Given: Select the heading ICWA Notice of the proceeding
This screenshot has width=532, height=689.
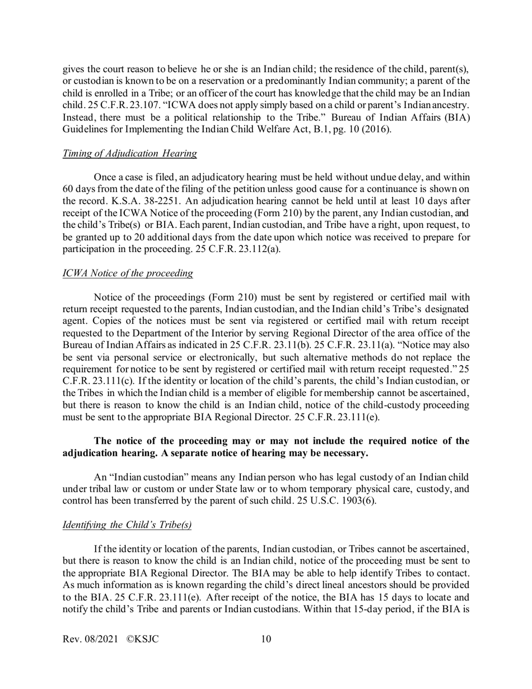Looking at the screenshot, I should pyautogui.click(x=128, y=273).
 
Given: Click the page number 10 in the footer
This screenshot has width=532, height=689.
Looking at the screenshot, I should pyautogui.click(x=266, y=654).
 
